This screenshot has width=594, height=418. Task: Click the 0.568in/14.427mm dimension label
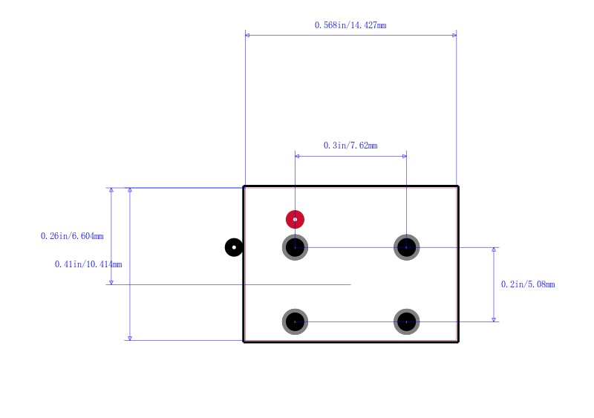click(x=350, y=25)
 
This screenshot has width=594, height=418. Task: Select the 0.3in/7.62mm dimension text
click(x=350, y=146)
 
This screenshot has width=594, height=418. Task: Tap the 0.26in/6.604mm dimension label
click(x=72, y=236)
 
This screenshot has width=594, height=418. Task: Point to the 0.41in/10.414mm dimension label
click(x=88, y=264)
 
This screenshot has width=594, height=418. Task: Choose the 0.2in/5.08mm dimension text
click(x=528, y=284)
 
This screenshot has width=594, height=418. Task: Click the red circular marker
click(x=295, y=220)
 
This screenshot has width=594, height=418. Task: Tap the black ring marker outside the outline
click(x=234, y=247)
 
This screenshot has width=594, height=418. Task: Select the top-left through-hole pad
click(x=295, y=247)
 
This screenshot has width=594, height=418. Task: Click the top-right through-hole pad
click(x=406, y=247)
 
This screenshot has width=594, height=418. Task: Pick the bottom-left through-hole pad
click(x=295, y=321)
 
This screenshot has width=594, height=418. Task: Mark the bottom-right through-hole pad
click(x=406, y=321)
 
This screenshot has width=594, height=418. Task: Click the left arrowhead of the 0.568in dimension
click(x=247, y=35)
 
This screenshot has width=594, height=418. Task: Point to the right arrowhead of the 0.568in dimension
click(x=454, y=35)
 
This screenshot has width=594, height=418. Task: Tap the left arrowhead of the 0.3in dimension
click(x=297, y=156)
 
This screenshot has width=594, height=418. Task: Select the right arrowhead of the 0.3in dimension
click(x=405, y=156)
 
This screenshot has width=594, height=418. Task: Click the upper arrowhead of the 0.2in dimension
click(x=494, y=249)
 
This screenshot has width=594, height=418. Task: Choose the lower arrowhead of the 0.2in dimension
click(x=494, y=320)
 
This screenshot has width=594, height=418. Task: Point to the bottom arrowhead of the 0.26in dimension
click(x=111, y=283)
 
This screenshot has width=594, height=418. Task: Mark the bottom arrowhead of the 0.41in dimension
click(x=130, y=339)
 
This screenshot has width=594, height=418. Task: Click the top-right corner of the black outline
click(x=458, y=186)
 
